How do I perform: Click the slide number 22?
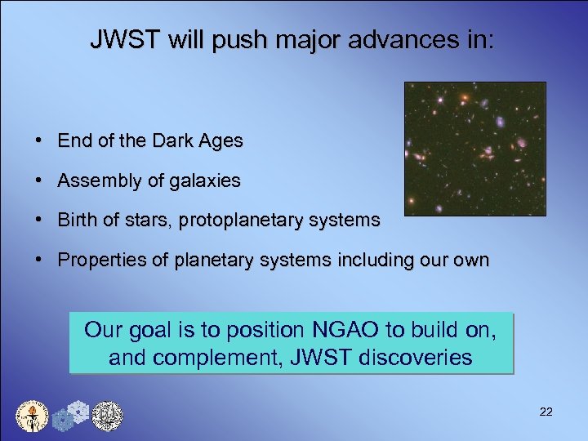[546, 412]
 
